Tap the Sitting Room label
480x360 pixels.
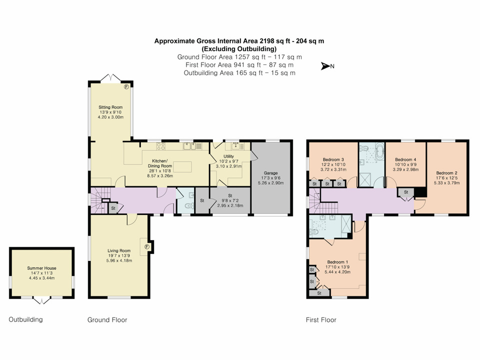[x=110, y=107]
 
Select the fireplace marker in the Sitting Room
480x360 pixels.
[x=126, y=86]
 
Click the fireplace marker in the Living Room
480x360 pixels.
[x=147, y=246]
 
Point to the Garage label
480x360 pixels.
[x=270, y=172]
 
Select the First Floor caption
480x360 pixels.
[x=321, y=319]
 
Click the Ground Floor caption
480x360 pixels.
[x=107, y=319]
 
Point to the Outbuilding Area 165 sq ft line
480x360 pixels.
[x=239, y=73]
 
